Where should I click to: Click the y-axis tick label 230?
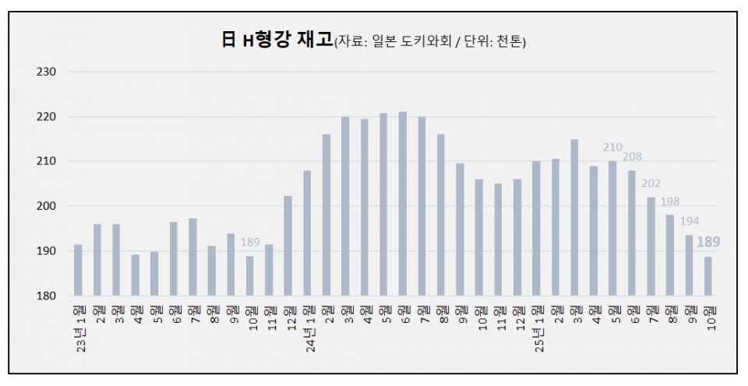tap(47, 72)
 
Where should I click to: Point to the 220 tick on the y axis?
tap(47, 117)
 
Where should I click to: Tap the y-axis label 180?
tap(47, 296)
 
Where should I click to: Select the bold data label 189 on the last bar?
tap(708, 243)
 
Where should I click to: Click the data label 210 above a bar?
tap(612, 147)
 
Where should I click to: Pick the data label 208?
tap(632, 157)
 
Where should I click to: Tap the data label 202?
tap(651, 184)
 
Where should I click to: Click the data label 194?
tap(689, 221)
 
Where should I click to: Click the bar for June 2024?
tap(403, 204)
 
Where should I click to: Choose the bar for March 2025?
tap(574, 218)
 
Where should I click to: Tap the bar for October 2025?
tap(708, 276)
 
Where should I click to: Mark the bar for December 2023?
tap(288, 246)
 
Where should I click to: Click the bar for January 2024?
tap(307, 233)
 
